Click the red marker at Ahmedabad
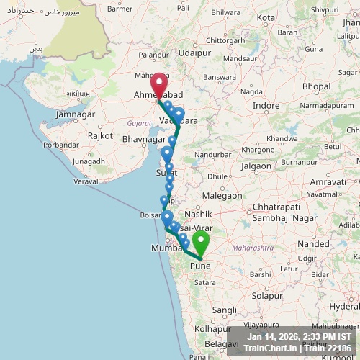pos(158,82)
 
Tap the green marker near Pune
pos(199,243)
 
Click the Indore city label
pos(266,105)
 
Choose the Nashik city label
pos(198,214)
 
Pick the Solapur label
pos(268,295)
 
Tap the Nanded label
pos(312,244)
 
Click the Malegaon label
pos(222,195)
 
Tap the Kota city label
pos(266,17)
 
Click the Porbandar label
pos(60,144)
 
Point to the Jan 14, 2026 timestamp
pos(272,336)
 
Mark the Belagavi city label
pos(221,344)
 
